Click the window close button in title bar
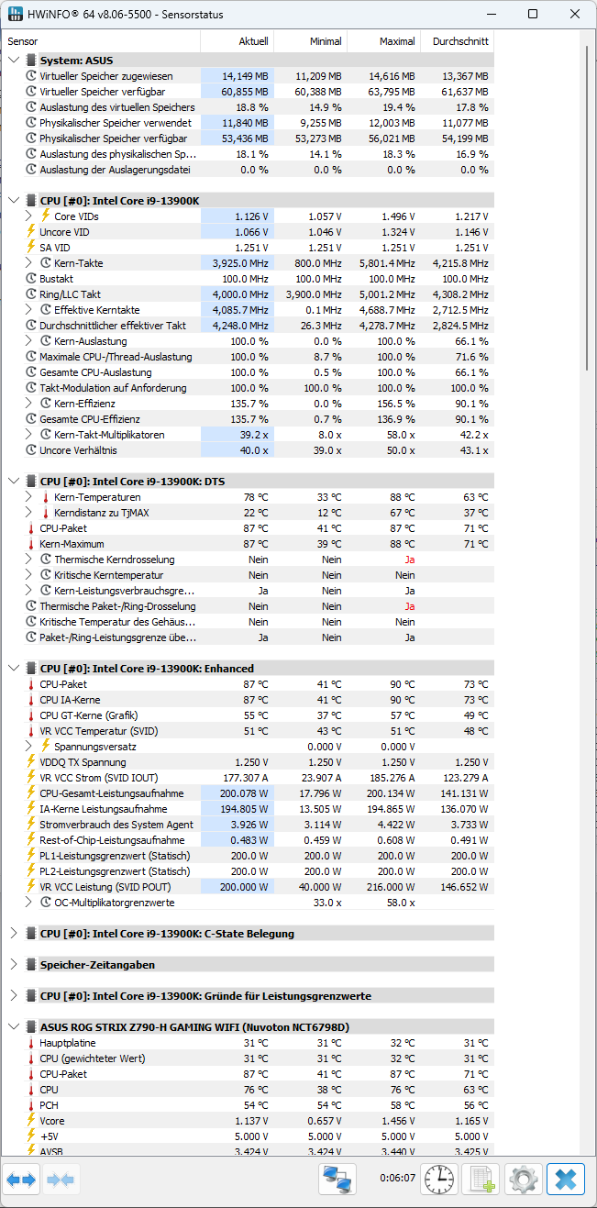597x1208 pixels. pos(574,15)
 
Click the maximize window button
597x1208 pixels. pos(533,15)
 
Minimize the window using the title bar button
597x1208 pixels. pos(492,15)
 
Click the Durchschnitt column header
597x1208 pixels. pos(462,41)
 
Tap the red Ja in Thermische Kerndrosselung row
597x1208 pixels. pos(409,560)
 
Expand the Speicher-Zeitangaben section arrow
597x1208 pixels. pos(14,965)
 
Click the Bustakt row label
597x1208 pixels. pos(56,279)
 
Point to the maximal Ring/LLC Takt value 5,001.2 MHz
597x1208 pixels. pos(384,294)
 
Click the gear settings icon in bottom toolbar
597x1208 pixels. pos(524,1179)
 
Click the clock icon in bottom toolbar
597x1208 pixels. pos(439,1179)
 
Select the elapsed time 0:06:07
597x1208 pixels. pos(397,1178)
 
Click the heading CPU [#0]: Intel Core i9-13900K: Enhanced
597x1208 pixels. pos(147,669)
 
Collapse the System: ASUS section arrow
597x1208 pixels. pos(14,61)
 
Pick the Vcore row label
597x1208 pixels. pos(53,1121)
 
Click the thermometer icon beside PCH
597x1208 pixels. pos(30,1105)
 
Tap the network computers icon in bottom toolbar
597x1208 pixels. pos(337,1179)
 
